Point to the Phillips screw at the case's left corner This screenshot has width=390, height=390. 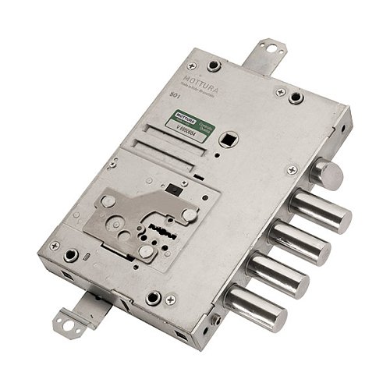(55, 246)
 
